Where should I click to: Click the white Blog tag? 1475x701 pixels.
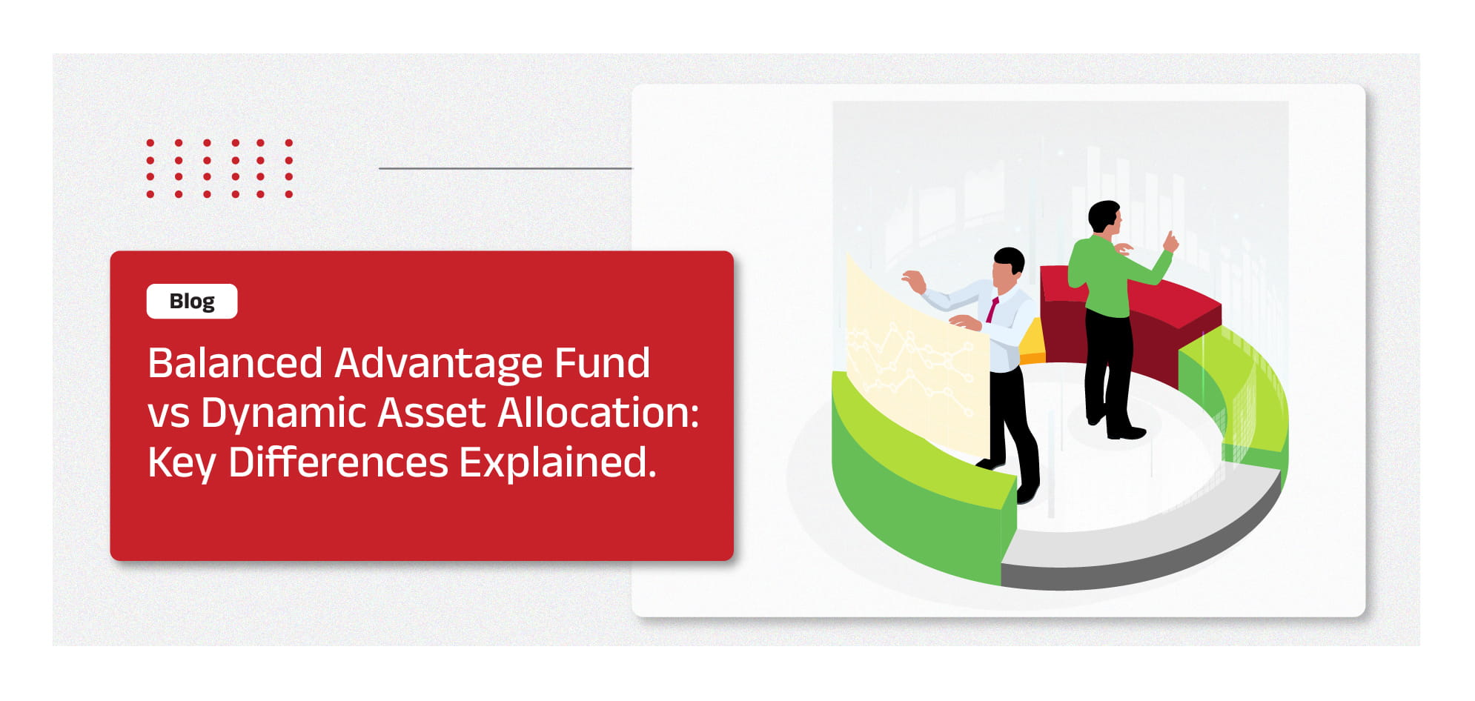192,301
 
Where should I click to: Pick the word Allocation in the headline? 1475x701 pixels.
599,412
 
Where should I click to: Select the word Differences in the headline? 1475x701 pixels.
338,462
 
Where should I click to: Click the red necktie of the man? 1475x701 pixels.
992,310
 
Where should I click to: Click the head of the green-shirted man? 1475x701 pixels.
1104,219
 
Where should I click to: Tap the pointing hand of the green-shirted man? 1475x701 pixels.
1170,242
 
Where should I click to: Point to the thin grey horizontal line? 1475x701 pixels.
506,168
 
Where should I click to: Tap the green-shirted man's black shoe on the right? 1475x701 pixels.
1126,432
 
